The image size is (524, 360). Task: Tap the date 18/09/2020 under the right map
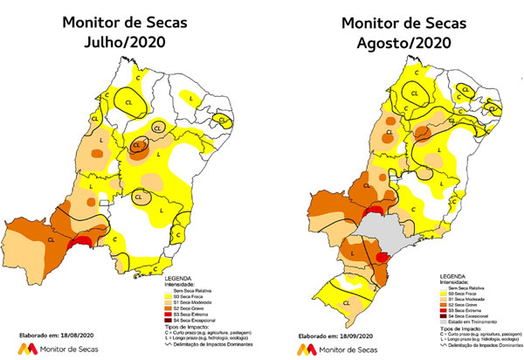(357, 335)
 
